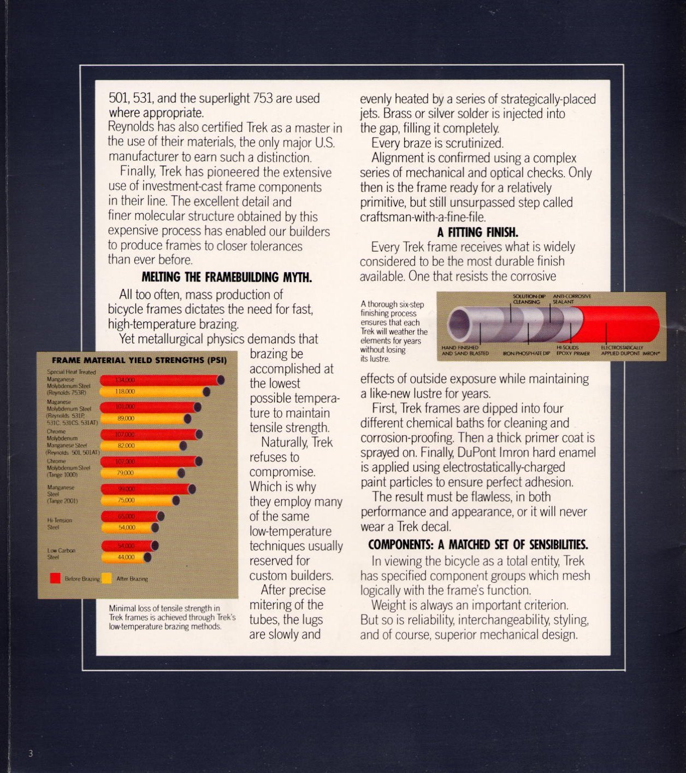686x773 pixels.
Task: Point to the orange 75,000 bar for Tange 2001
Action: click(140, 500)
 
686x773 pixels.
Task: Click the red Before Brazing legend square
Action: click(55, 578)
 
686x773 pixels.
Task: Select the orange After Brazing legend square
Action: click(107, 578)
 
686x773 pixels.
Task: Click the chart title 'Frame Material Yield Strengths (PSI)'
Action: click(139, 360)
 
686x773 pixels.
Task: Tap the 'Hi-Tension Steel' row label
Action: click(60, 524)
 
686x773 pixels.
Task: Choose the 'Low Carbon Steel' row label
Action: click(61, 553)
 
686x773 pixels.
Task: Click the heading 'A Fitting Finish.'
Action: click(477, 232)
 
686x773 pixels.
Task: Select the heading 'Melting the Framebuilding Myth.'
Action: click(227, 278)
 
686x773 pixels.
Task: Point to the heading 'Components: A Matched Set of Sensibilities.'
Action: click(478, 545)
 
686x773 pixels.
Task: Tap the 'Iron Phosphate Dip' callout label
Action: click(526, 354)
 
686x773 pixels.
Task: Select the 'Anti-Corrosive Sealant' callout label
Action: click(571, 299)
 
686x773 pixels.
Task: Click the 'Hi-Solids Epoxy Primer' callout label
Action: click(572, 350)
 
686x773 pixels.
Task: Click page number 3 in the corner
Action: click(31, 753)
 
